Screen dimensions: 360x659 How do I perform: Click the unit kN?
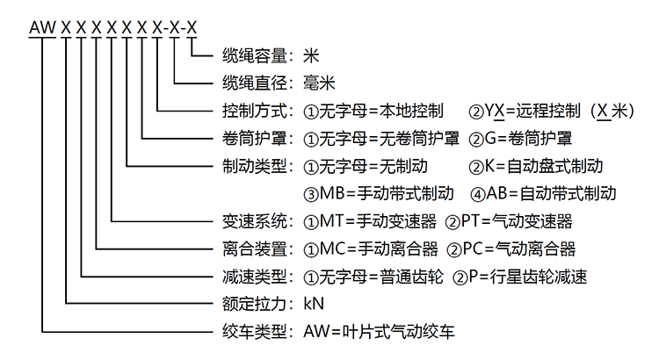coord(314,305)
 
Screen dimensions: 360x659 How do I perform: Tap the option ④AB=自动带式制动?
coord(543,193)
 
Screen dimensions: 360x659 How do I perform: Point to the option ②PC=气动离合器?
coord(511,248)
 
